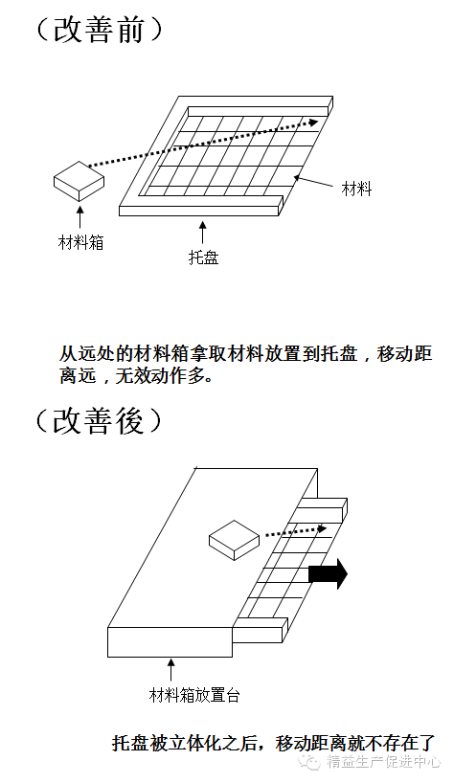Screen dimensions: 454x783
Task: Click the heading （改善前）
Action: point(100,31)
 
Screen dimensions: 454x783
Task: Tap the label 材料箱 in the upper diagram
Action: point(80,243)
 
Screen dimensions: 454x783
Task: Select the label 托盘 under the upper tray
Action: point(203,257)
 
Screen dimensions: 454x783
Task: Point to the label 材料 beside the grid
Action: point(356,190)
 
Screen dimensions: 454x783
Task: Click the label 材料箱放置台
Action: point(194,695)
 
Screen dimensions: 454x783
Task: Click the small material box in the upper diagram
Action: point(79,181)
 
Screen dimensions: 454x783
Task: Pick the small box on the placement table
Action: point(234,540)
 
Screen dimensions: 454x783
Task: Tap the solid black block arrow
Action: point(328,573)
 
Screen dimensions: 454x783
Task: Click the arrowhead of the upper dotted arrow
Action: point(313,122)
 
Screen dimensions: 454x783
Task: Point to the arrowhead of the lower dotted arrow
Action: point(322,528)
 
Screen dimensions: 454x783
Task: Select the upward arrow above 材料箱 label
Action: point(79,217)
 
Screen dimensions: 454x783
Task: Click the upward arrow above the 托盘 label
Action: point(202,233)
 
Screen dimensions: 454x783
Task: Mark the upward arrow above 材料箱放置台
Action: point(171,671)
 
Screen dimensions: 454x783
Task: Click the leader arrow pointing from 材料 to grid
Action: point(313,181)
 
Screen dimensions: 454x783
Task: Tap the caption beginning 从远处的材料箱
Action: point(246,365)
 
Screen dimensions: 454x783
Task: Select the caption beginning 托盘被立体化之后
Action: point(273,743)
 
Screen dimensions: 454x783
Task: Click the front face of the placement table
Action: point(170,642)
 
